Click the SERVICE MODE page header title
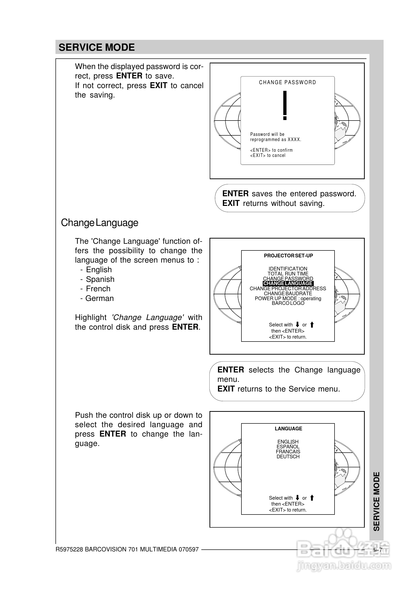tap(97, 48)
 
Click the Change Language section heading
tap(99, 223)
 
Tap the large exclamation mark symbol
tap(285, 105)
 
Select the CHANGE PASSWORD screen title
tap(287, 82)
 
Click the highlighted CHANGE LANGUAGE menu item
tap(287, 283)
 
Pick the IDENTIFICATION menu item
tap(287, 269)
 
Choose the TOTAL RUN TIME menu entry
tap(287, 273)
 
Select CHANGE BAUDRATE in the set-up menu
tap(287, 293)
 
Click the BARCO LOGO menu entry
tap(288, 303)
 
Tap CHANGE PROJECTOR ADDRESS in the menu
tap(287, 289)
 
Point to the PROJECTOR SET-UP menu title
tap(288, 256)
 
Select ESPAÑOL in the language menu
tap(288, 446)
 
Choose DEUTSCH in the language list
tap(288, 457)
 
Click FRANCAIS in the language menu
tap(288, 451)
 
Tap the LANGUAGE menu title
tap(288, 429)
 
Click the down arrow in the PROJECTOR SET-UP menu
tap(297, 325)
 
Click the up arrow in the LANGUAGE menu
tap(312, 498)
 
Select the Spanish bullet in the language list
tap(100, 279)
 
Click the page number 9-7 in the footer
tap(378, 549)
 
